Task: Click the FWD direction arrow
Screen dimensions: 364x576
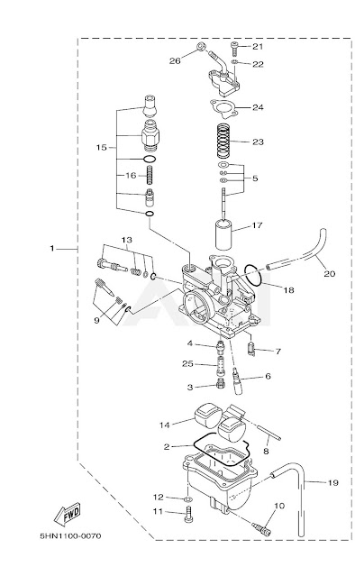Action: coord(68,513)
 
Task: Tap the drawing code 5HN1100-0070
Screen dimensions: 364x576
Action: coord(70,536)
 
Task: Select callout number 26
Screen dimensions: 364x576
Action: coord(175,60)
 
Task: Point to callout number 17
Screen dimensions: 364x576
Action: coord(258,225)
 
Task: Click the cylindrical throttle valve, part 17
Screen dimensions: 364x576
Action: coord(223,234)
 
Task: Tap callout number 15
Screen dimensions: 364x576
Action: coord(102,147)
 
